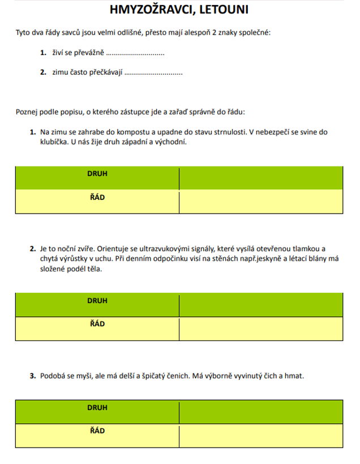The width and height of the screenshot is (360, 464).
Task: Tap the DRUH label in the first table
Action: pyautogui.click(x=97, y=173)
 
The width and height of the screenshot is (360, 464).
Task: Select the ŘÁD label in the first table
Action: pyautogui.click(x=97, y=198)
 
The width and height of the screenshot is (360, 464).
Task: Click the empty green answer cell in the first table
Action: pyautogui.click(x=260, y=178)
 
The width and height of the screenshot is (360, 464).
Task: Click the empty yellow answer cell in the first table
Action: pyautogui.click(x=260, y=201)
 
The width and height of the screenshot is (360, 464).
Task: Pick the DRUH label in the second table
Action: pyautogui.click(x=97, y=300)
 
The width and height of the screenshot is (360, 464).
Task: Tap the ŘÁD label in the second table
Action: pyautogui.click(x=97, y=324)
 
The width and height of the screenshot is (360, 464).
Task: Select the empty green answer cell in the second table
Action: pyautogui.click(x=260, y=305)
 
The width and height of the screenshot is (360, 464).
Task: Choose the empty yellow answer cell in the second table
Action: pyautogui.click(x=260, y=329)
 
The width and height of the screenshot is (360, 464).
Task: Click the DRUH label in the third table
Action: pyautogui.click(x=97, y=407)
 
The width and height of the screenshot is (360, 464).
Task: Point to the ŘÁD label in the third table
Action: pyautogui.click(x=97, y=431)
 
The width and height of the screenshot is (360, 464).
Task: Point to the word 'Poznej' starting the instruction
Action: pyautogui.click(x=26, y=111)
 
